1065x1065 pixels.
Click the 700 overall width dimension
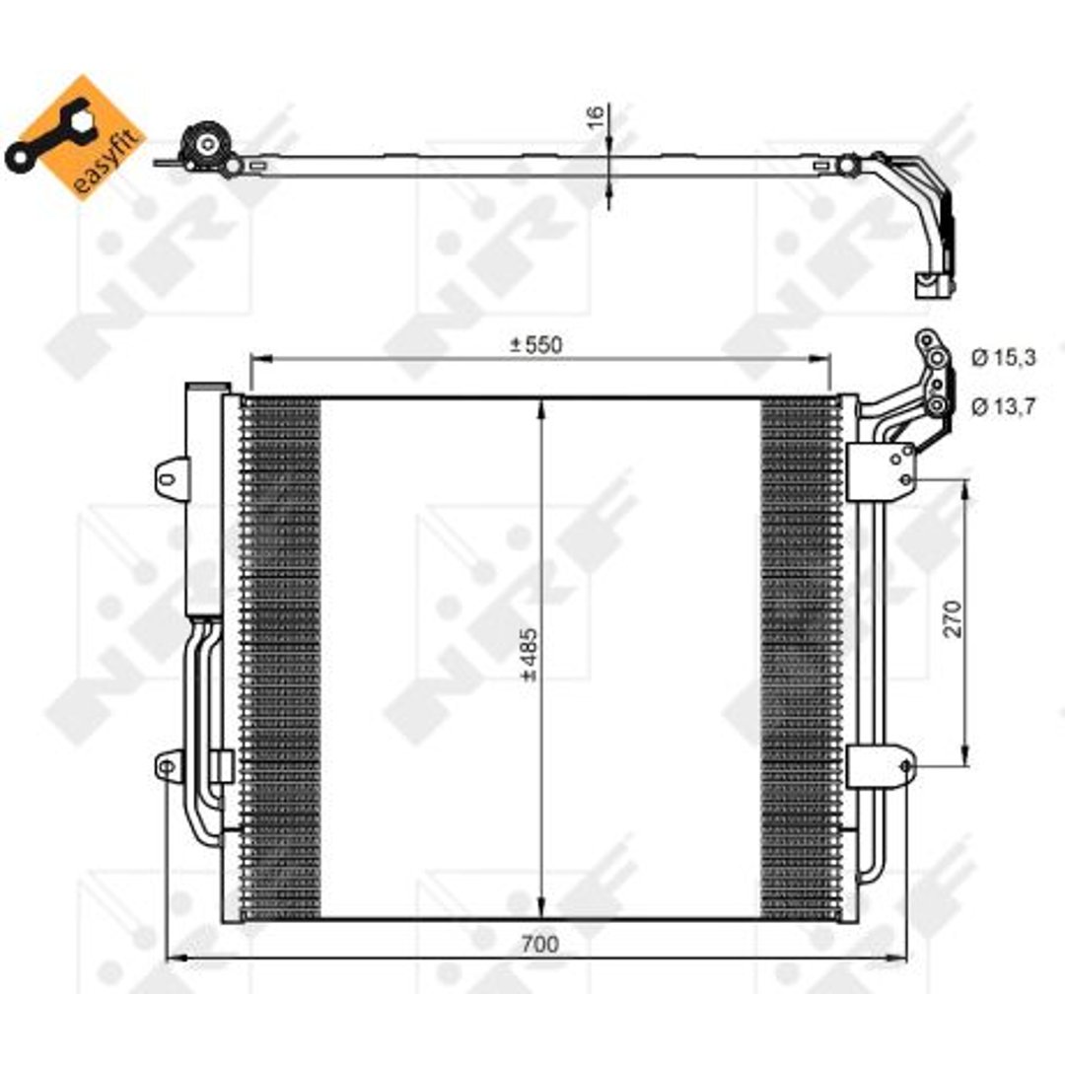[540, 944]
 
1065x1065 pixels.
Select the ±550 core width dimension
[536, 345]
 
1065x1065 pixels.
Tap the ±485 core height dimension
[529, 655]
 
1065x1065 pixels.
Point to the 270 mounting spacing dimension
[954, 618]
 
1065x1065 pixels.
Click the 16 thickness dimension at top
[595, 117]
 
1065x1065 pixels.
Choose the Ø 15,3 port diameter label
[1003, 357]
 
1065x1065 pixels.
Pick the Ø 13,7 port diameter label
[1003, 406]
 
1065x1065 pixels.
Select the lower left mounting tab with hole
[170, 767]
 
